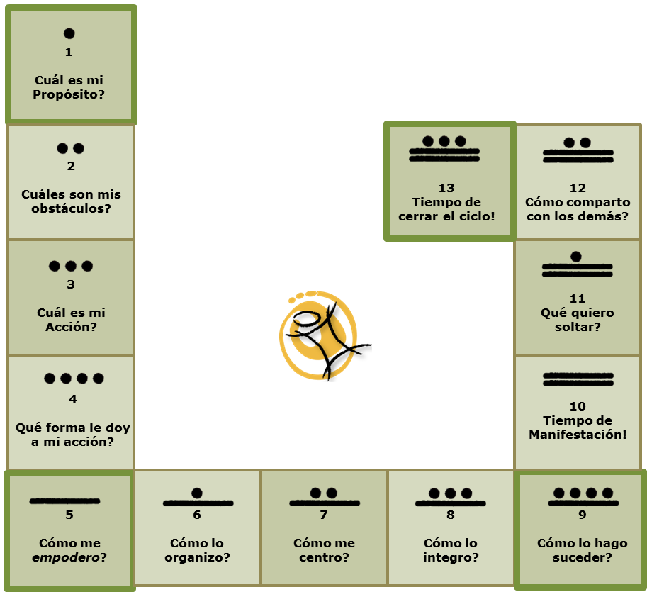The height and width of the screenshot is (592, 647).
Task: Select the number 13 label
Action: tap(446, 189)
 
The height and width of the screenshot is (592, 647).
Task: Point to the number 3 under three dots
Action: tap(71, 284)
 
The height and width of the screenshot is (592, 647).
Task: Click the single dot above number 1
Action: tap(69, 33)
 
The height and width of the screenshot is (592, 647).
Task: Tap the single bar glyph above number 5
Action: tap(64, 501)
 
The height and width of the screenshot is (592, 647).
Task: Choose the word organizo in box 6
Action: tap(194, 558)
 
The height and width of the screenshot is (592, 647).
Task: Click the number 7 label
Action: tap(324, 515)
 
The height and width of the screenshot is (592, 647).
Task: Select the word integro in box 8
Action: tap(447, 558)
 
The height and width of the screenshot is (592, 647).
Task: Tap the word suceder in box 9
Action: tap(579, 558)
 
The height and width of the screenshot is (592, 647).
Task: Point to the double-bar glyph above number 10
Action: tap(578, 379)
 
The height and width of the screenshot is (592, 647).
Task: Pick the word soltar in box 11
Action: tap(575, 327)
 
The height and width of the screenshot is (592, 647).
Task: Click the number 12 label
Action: tap(578, 189)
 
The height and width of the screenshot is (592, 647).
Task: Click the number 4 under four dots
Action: tap(73, 399)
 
